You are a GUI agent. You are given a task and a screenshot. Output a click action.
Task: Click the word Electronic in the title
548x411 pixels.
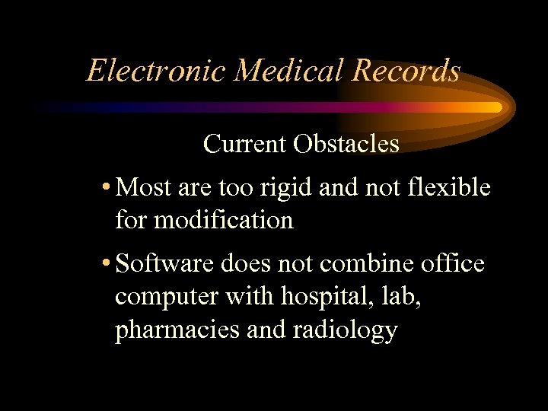click(157, 71)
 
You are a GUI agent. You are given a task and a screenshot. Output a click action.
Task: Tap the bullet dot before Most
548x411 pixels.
click(107, 186)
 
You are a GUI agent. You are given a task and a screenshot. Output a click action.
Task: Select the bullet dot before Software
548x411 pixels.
click(107, 264)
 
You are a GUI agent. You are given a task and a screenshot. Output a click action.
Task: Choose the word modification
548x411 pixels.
click(224, 220)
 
